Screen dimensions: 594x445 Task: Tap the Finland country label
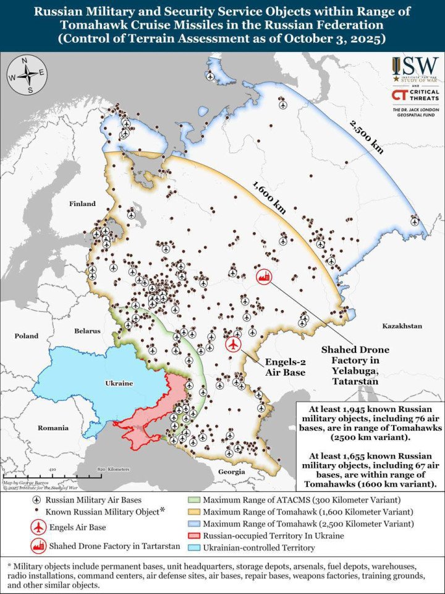coord(82,204)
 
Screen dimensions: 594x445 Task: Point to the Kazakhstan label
coord(401,325)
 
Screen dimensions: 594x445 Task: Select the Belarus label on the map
coord(87,331)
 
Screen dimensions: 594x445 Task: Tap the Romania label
coord(53,428)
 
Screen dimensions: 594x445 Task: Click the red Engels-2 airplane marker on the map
coord(234,344)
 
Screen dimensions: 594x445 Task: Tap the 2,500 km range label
coord(366,137)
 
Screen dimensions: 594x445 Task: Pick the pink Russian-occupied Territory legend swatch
coord(193,536)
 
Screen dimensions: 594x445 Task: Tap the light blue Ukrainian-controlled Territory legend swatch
coord(193,548)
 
